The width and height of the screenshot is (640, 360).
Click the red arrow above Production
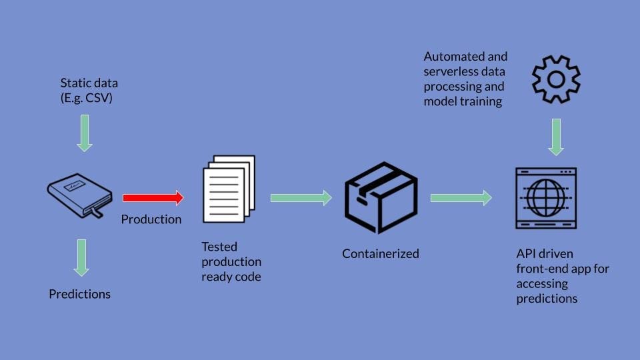152,197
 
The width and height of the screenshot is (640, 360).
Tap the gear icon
555,80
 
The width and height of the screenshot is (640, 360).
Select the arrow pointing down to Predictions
81,257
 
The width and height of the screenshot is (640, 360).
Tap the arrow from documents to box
301,197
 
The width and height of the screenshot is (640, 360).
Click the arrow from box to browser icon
461,197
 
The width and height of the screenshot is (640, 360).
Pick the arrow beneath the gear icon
556,137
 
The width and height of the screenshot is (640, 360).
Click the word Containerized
381,253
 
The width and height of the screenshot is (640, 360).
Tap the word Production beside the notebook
151,219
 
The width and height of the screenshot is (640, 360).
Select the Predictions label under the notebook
80,293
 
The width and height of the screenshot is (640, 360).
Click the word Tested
219,247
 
